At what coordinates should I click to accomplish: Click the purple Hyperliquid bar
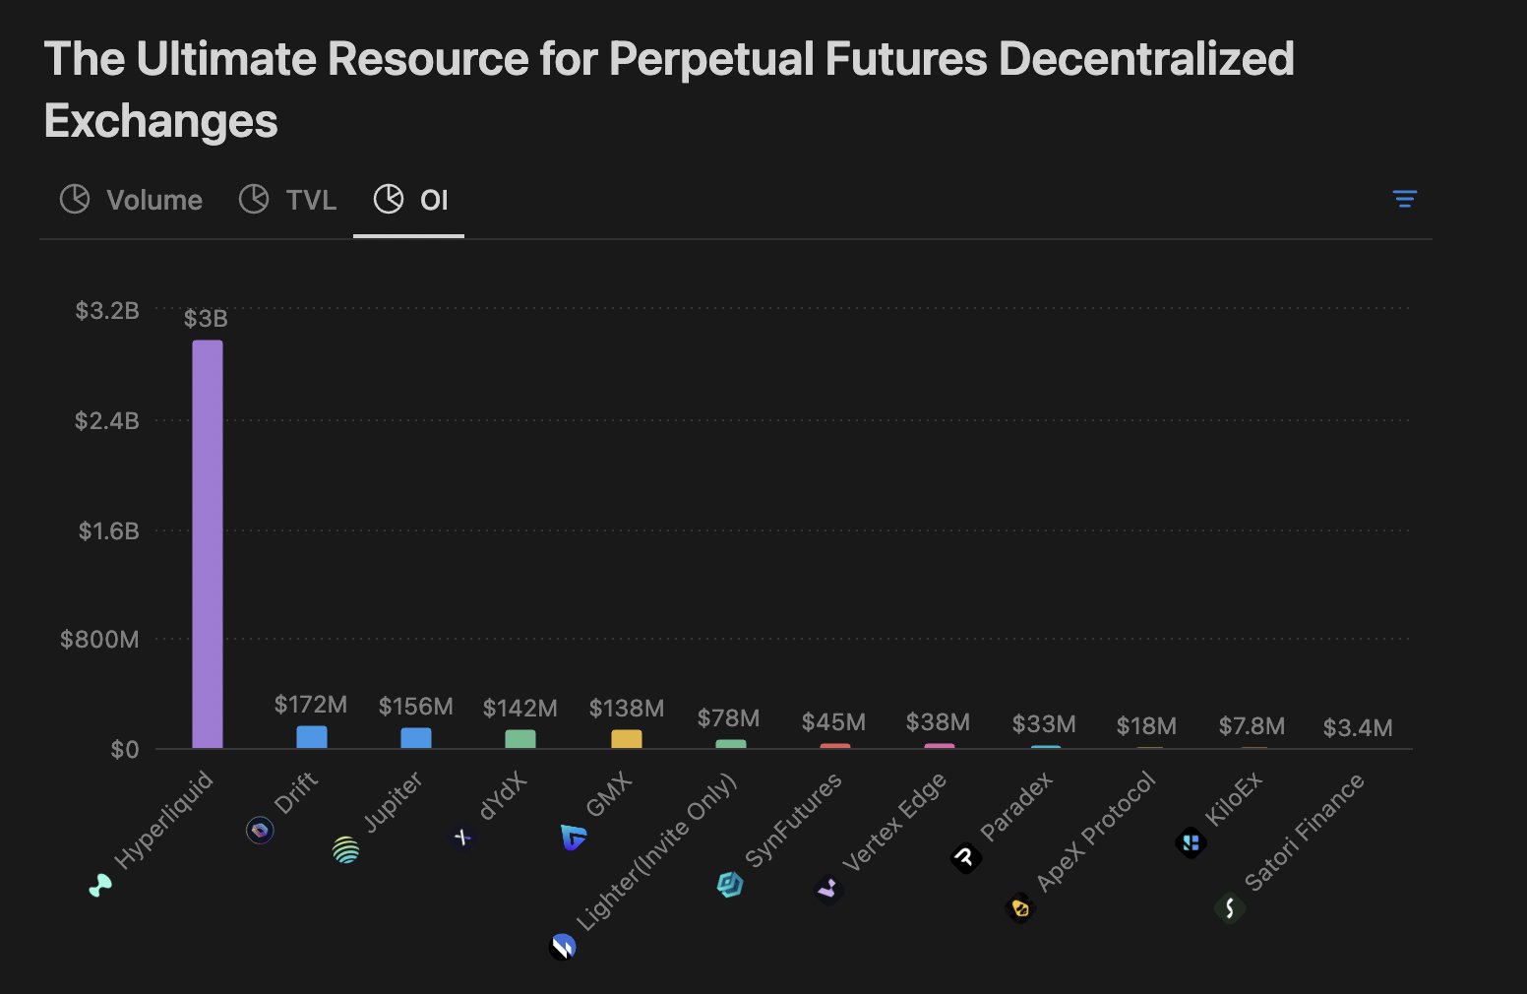208,544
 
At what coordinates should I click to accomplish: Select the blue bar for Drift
312,737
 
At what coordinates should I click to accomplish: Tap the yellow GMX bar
627,739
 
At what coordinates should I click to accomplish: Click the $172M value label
311,705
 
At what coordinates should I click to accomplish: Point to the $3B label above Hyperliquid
206,319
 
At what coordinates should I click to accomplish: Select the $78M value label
728,718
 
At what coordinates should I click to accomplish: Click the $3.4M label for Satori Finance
1358,728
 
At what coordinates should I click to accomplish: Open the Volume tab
132,200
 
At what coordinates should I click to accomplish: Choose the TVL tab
288,200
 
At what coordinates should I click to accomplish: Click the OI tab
410,200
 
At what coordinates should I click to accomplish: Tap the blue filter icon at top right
1405,199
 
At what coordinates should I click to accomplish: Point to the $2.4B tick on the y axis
107,421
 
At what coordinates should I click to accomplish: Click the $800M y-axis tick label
99,640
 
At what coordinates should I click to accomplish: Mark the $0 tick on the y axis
125,750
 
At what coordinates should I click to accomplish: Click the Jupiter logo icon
346,849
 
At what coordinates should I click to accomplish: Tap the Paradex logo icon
966,858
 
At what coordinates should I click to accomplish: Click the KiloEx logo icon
1191,842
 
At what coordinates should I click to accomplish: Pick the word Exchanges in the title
161,121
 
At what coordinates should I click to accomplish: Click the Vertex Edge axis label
893,822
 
